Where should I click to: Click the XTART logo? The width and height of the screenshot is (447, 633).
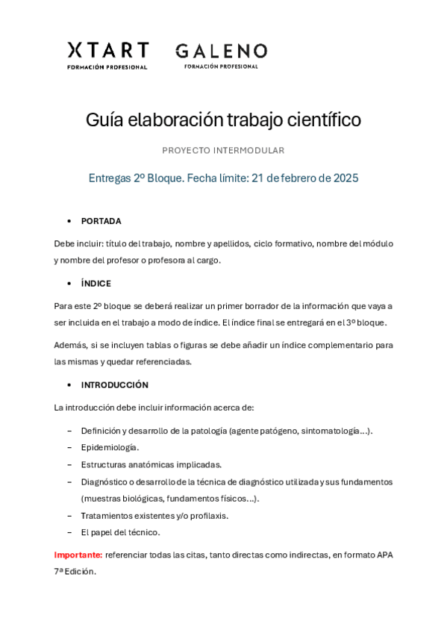pos(107,54)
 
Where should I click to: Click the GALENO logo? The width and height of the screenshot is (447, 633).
pos(221,54)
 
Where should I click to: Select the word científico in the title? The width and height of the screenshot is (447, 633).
pos(324,120)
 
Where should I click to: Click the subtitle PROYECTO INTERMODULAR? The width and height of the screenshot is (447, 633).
pos(223,151)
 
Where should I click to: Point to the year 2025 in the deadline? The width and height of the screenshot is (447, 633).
pos(346,178)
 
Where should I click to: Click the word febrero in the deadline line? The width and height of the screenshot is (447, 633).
pos(298,178)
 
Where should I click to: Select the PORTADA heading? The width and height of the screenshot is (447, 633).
pos(101,221)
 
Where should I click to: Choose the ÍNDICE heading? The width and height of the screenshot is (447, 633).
pos(96,284)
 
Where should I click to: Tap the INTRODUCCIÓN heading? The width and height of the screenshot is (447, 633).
pos(114,385)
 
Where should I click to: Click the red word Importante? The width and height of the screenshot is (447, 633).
pos(78,555)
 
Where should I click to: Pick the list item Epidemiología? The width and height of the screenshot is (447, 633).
pos(110,447)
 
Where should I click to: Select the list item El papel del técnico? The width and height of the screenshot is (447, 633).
pos(120,532)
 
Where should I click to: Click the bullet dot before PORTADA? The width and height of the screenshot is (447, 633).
pos(69,222)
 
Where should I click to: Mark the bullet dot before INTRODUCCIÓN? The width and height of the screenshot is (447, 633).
pos(69,385)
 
